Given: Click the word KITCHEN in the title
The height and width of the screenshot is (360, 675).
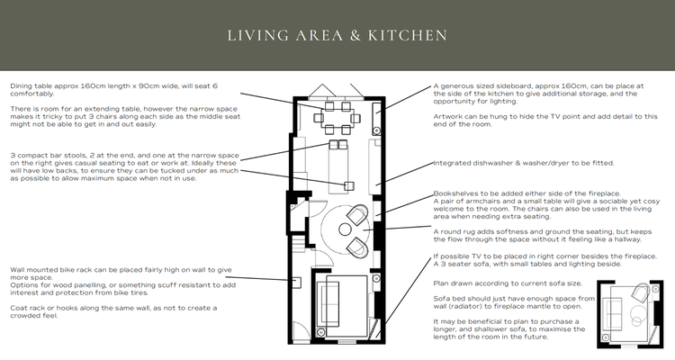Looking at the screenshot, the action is coord(407,35).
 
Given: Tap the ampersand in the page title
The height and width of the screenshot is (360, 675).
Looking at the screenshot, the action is coord(355,35).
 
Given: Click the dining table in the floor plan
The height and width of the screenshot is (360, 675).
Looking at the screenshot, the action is coord(337,118).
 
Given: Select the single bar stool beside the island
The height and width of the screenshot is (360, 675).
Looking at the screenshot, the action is coord(348,186).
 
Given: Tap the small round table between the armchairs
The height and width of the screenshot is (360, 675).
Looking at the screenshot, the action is coord(345,230).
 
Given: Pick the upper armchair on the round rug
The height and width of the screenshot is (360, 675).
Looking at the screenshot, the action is coord(357,214).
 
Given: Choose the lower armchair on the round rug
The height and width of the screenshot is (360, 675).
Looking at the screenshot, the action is coord(357,247).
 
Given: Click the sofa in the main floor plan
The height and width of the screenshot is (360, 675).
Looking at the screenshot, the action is coord(328,302).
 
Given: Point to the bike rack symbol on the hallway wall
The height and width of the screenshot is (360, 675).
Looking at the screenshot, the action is coord(297,283).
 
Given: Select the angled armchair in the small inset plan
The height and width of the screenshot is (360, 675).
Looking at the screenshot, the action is coord(641,292).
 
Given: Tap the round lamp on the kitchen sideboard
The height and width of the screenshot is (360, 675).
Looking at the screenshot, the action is coord(377,130).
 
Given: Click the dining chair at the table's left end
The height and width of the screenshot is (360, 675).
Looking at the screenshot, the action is coord(319,118).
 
